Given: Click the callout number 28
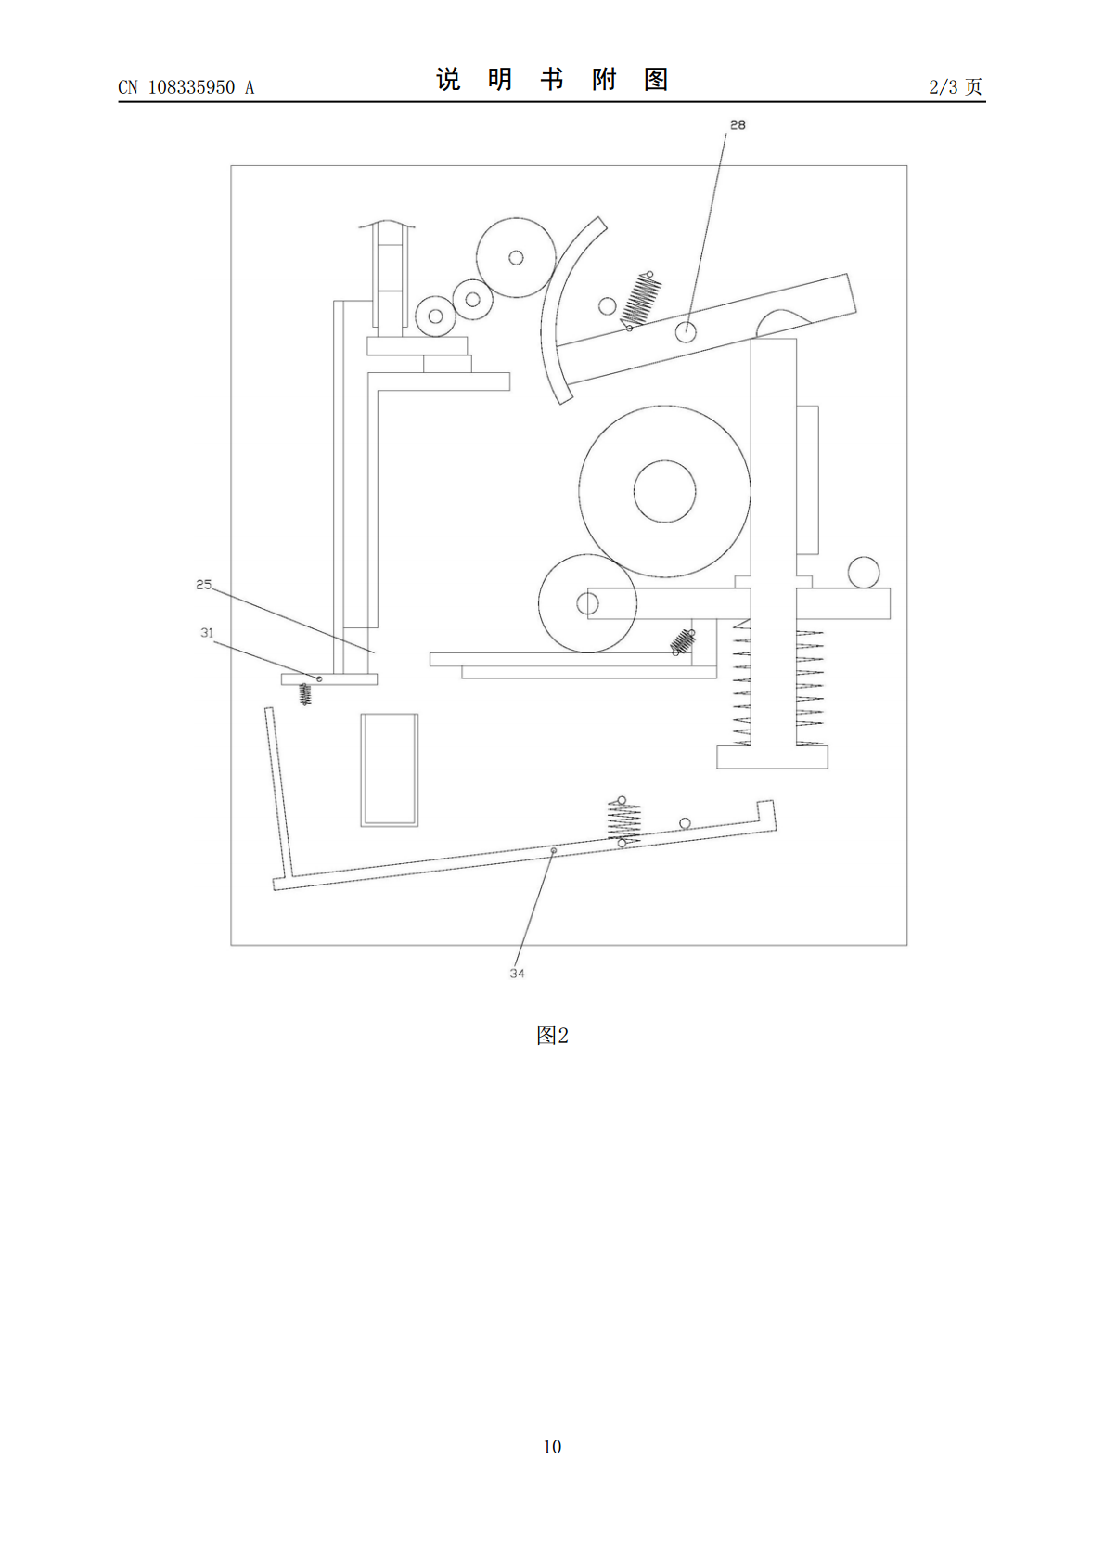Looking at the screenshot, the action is [738, 125].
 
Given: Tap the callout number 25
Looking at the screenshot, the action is [203, 585].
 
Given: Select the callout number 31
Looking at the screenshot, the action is [207, 633].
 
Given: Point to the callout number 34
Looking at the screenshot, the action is [517, 974].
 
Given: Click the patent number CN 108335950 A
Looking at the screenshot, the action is [186, 87].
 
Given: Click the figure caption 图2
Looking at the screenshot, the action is [552, 1036].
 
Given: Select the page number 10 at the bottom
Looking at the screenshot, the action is [552, 1447].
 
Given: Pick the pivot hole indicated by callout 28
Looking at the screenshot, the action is [686, 332].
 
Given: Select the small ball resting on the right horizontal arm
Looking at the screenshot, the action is [864, 572].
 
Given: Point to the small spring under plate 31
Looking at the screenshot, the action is [304, 694].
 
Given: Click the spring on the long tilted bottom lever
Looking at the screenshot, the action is [623, 822].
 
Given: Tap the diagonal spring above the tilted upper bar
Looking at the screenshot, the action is [640, 300].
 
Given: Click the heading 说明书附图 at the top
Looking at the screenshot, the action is [552, 80].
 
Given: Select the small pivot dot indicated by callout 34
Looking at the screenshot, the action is [554, 850].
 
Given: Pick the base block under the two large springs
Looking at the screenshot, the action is [772, 757].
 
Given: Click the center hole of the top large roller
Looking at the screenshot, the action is [516, 257].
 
